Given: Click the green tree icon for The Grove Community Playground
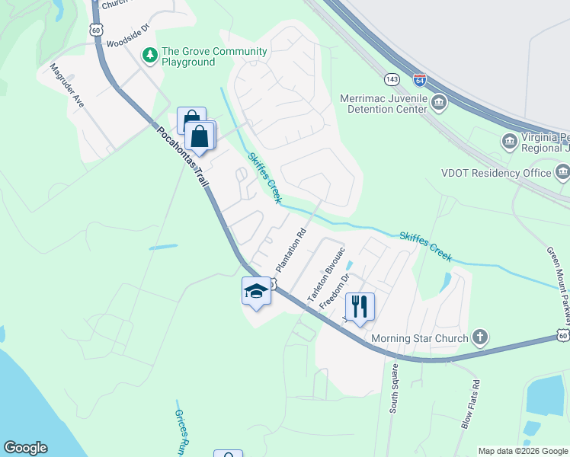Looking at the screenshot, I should [x=150, y=55].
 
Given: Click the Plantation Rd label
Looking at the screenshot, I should [x=290, y=251].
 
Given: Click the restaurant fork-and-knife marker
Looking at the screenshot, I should [x=360, y=306].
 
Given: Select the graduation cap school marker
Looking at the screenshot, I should [x=256, y=290].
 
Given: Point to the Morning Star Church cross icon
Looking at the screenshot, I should [x=479, y=336].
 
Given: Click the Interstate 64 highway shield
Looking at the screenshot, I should [x=419, y=79].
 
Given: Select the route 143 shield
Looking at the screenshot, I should [x=392, y=79].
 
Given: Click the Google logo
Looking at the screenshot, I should [x=25, y=448].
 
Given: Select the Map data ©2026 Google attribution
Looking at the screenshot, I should [x=523, y=451].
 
